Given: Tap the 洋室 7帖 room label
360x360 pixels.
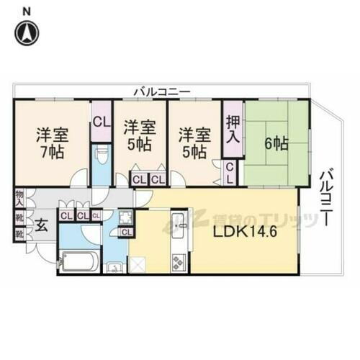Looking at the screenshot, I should pos(49,143).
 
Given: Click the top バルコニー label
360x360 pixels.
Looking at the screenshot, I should pos(161,92).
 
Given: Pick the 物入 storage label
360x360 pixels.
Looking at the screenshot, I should pos(19,197).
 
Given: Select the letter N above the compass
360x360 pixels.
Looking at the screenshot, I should pos(27,11).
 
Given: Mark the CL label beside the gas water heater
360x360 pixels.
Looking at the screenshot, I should pos(127,232).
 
